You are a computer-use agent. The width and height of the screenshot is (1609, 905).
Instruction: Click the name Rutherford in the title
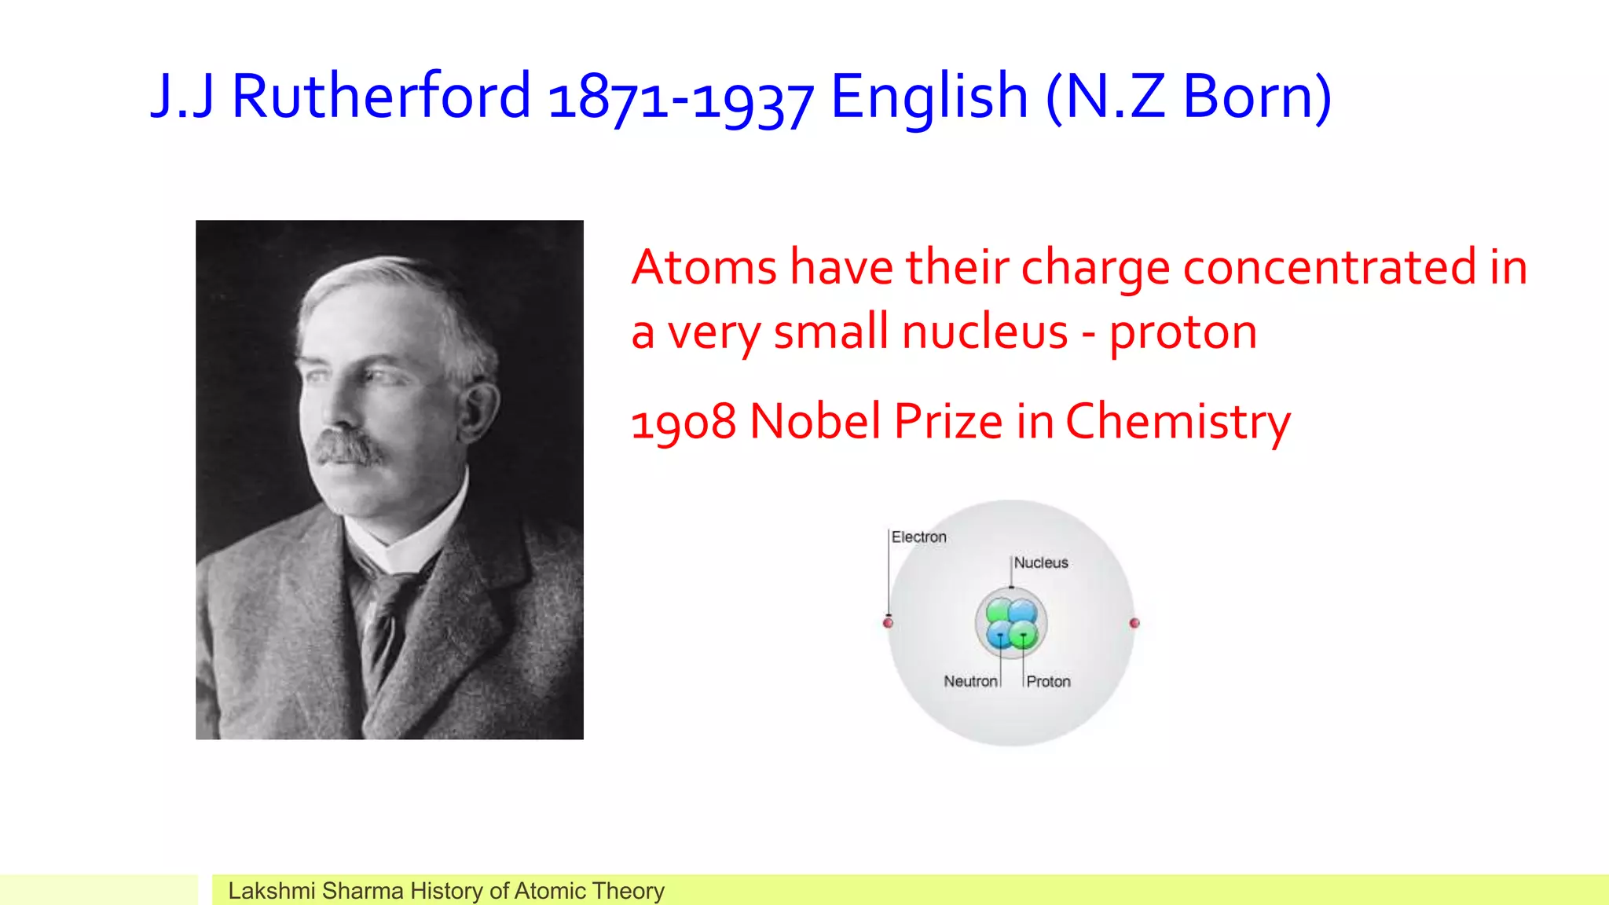tap(381, 96)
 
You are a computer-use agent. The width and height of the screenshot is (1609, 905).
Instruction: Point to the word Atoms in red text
tap(704, 267)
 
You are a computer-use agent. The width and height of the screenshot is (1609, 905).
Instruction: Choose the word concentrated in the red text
tap(1329, 267)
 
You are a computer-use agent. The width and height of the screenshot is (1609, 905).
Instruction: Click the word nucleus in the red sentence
tap(984, 332)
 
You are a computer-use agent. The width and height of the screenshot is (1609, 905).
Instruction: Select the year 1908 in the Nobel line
tap(684, 422)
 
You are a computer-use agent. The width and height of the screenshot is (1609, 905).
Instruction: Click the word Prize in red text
tap(948, 422)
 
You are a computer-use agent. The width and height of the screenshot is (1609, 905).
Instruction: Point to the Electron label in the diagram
tap(918, 537)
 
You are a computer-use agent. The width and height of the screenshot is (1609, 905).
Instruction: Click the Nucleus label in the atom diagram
tap(1041, 562)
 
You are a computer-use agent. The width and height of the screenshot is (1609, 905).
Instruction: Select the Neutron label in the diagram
tap(970, 681)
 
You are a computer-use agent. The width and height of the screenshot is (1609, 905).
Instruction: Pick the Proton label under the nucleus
tap(1048, 681)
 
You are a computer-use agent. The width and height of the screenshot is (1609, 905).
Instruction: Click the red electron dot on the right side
tap(1134, 623)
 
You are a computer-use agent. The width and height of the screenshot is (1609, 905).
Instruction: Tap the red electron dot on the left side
tap(888, 623)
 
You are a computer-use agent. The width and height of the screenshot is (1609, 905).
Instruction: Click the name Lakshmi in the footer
tap(271, 891)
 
